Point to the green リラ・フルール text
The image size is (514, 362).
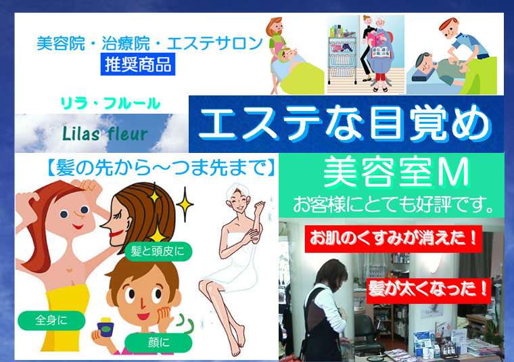[110, 104]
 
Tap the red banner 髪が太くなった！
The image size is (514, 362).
[427, 289]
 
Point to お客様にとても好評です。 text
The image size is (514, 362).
[396, 202]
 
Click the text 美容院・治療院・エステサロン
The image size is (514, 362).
[148, 45]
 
